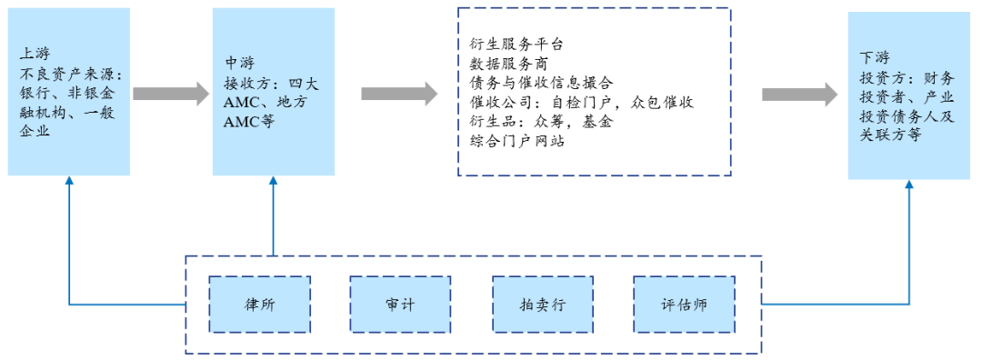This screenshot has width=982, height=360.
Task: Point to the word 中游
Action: (238, 64)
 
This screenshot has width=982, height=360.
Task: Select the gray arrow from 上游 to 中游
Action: (171, 93)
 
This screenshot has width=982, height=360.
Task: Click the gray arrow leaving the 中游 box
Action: (399, 93)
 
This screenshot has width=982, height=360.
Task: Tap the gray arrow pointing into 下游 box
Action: (799, 93)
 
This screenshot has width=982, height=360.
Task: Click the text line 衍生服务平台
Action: (516, 44)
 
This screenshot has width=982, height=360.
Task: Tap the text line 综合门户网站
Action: (516, 142)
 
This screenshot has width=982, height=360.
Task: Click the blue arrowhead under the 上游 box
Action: (69, 182)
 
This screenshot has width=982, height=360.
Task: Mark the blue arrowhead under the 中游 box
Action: (273, 182)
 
